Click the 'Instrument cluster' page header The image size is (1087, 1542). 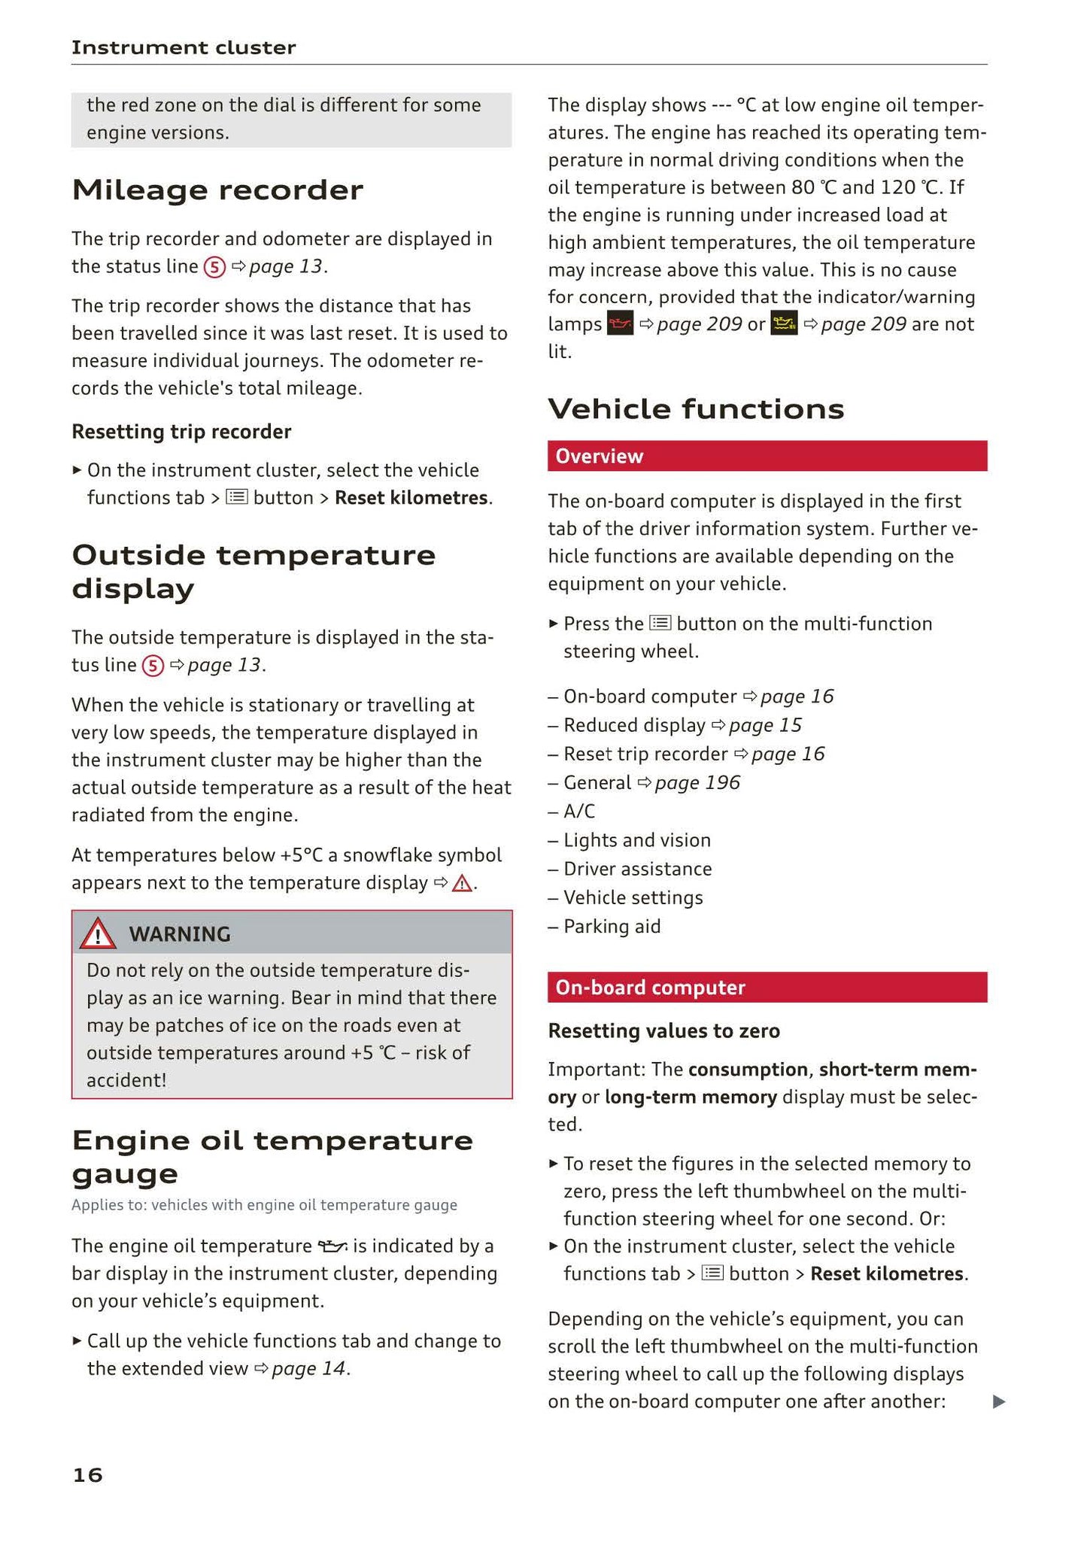pos(184,47)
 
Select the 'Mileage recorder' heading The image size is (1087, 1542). pos(217,190)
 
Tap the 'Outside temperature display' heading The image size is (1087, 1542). pos(254,571)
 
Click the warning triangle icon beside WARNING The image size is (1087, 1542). pos(98,934)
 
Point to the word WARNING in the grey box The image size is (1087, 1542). pos(180,934)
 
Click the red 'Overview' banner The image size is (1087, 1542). pos(767,457)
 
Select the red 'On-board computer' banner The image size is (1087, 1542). pos(767,988)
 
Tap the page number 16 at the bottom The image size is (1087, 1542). pos(87,1474)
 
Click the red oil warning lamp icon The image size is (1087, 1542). pos(620,324)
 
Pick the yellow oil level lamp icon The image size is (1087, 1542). pos(784,324)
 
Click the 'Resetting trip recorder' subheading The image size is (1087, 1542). pos(181,432)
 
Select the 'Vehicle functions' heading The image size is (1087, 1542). pos(696,409)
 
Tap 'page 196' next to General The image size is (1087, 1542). pos(697,783)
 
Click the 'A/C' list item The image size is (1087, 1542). pos(579,812)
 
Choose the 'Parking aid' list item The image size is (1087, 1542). pos(612,927)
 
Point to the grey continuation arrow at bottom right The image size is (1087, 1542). pos(999,1401)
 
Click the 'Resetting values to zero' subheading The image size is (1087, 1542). pos(663,1031)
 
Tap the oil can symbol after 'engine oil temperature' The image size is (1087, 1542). pos(332,1246)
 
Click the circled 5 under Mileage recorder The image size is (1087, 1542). pos(214,267)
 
